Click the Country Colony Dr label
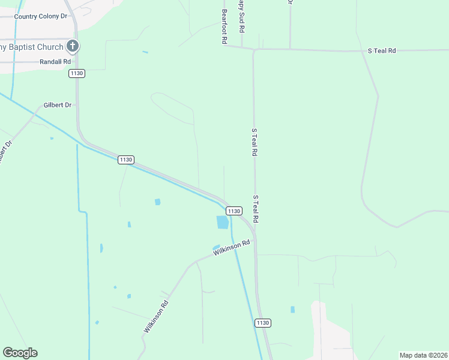click(41, 16)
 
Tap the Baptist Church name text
click(31, 47)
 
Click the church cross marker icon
click(72, 46)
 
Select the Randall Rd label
click(55, 62)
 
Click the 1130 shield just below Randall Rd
click(76, 73)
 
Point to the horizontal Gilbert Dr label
click(57, 105)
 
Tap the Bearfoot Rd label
click(224, 26)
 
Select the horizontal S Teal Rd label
click(382, 51)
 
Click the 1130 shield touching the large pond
click(234, 211)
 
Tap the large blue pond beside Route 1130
click(222, 223)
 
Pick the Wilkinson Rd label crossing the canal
click(231, 248)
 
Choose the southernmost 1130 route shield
click(263, 323)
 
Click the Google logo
click(20, 353)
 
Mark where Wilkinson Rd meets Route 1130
click(255, 240)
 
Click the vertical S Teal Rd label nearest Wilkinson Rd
click(255, 209)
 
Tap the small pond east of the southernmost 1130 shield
click(292, 310)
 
